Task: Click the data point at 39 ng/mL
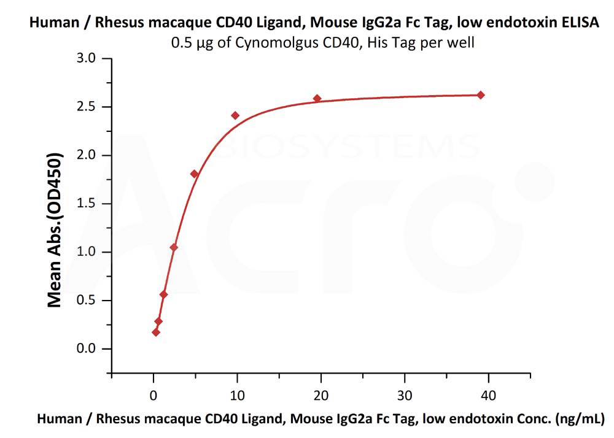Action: [x=481, y=95]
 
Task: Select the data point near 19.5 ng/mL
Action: [x=317, y=98]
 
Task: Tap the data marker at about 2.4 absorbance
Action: [x=235, y=115]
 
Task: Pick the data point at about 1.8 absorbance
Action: [x=195, y=174]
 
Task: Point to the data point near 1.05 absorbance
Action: [x=174, y=247]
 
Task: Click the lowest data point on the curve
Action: [x=156, y=332]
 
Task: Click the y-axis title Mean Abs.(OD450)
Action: [x=55, y=230]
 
